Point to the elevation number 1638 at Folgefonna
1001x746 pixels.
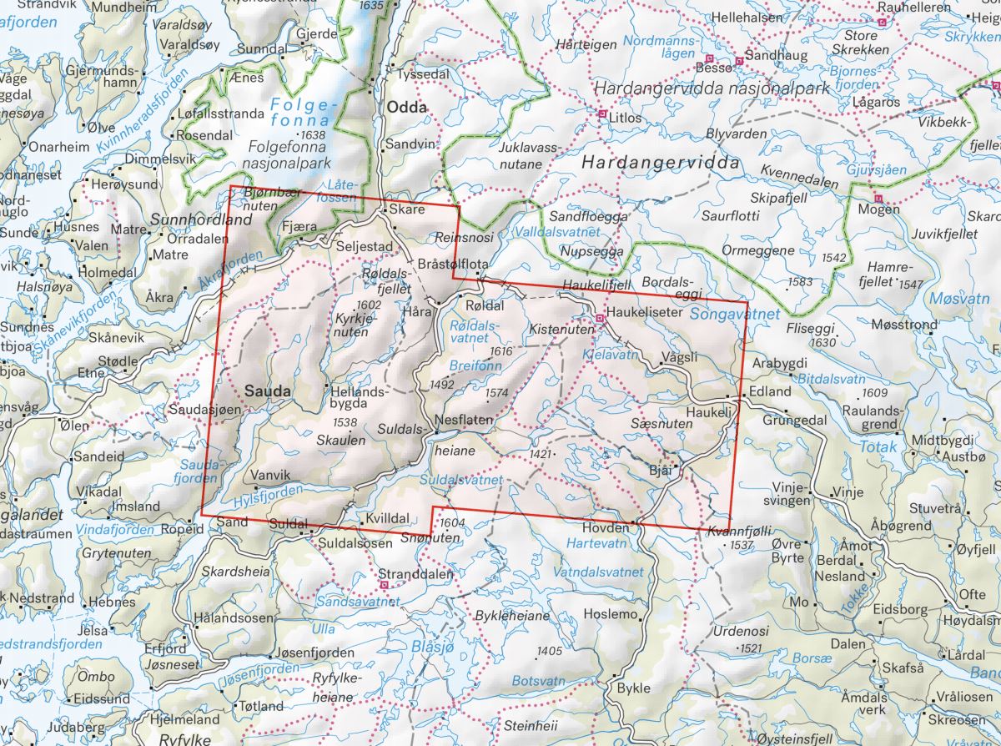tap(314, 135)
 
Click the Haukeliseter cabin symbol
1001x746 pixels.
tap(600, 319)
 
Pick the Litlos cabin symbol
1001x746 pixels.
tap(601, 113)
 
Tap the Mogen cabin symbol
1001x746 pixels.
tap(878, 198)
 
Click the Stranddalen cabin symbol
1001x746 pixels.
tap(383, 586)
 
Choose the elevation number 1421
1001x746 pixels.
tap(541, 454)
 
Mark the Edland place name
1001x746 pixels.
tap(769, 391)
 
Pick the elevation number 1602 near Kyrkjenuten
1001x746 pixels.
tap(368, 305)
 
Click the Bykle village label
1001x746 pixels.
tap(632, 689)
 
